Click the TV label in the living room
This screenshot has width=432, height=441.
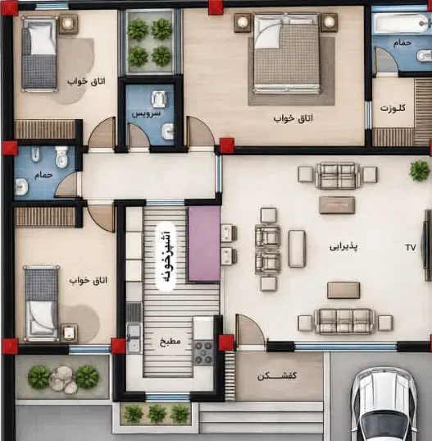[x=411, y=247]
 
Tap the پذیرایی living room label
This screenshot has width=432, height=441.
[x=343, y=246]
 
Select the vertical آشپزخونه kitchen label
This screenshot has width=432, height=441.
[x=166, y=256]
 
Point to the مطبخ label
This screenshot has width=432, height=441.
[x=171, y=342]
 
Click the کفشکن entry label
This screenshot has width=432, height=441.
[x=277, y=375]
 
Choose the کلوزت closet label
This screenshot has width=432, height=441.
[x=393, y=108]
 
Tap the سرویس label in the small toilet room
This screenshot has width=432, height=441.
[x=146, y=113]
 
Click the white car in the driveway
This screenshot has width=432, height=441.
[x=384, y=404]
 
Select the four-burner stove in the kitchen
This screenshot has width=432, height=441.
[x=204, y=352]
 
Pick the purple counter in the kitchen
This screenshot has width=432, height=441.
[x=204, y=244]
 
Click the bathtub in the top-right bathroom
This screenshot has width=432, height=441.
[x=402, y=23]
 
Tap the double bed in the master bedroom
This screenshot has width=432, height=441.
[x=287, y=53]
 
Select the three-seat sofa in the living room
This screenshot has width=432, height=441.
[x=345, y=321]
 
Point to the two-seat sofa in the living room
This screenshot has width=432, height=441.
[x=338, y=176]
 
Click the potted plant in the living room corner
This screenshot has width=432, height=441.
[x=420, y=170]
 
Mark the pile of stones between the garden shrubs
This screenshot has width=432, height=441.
[x=63, y=379]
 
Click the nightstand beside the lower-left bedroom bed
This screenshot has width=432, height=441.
[x=69, y=333]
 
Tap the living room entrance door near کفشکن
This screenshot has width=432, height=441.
[x=250, y=331]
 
